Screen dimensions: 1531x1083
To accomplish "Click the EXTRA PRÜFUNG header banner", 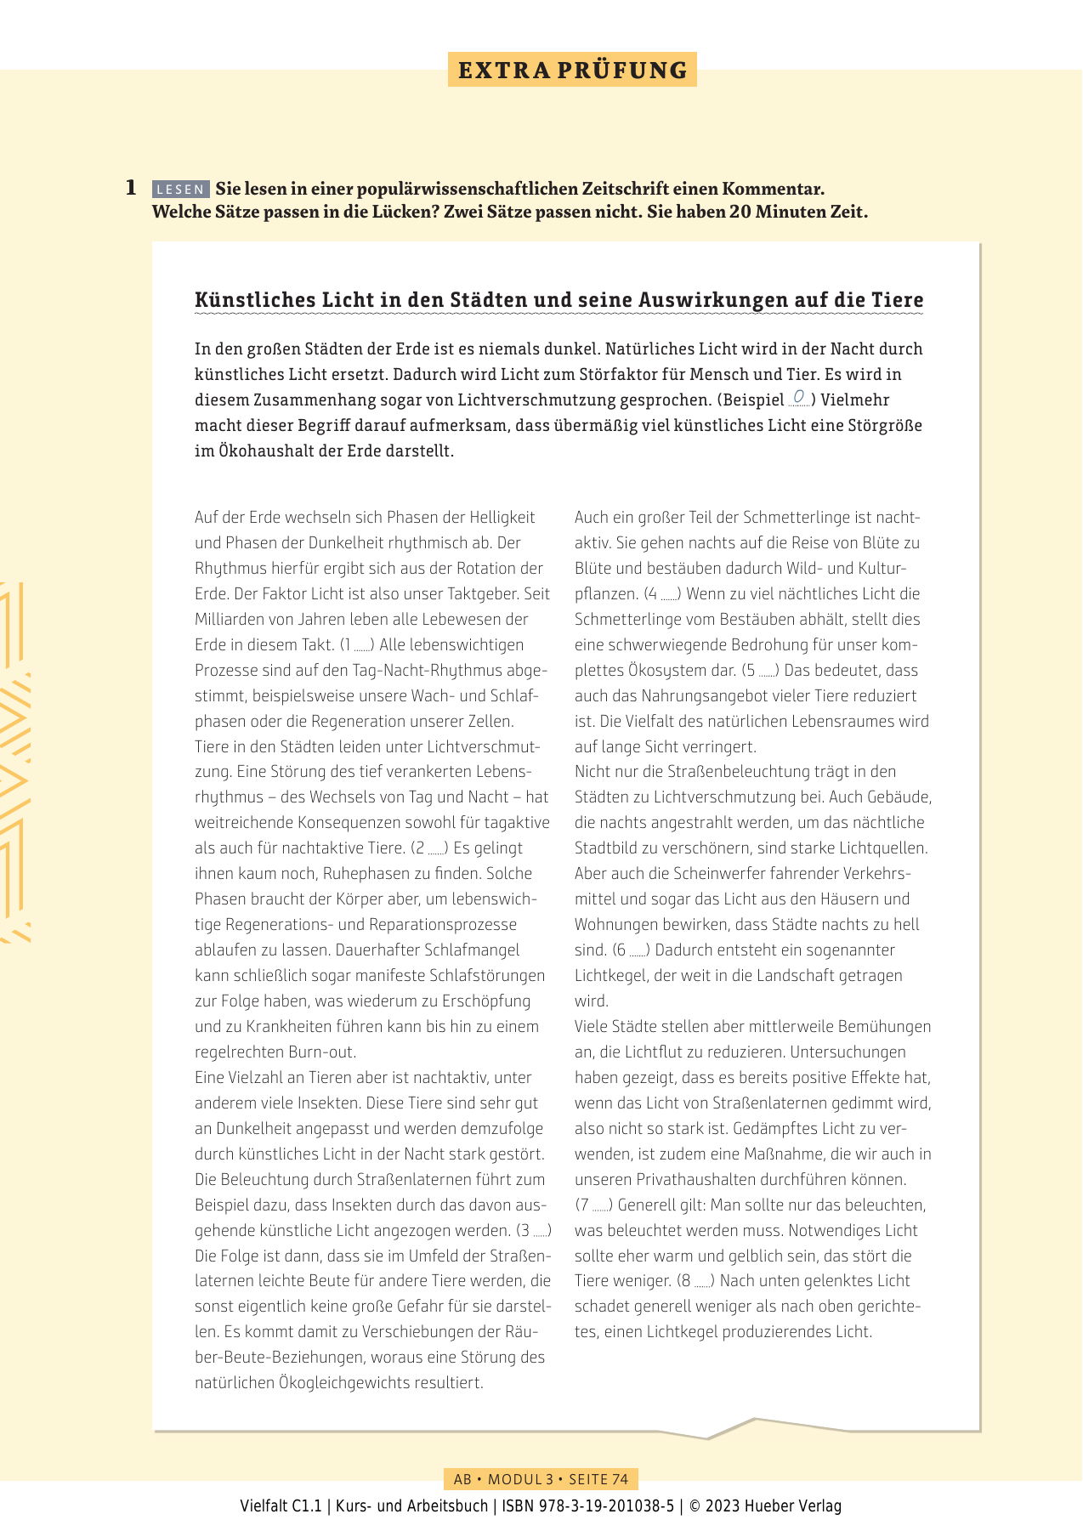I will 572,70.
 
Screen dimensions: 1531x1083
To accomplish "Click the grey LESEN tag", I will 180,190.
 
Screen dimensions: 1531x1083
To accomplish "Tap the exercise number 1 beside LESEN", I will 131,188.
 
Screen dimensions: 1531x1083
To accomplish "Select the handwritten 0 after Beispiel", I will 799,398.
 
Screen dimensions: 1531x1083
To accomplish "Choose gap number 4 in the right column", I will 663,594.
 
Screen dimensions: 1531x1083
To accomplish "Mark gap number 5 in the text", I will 761,671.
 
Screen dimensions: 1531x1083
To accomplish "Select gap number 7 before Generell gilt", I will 594,1205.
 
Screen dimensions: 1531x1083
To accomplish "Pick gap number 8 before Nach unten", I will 695,1281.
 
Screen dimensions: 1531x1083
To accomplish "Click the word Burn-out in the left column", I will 324,1052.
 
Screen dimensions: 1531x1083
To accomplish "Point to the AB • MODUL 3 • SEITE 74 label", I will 541,1479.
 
